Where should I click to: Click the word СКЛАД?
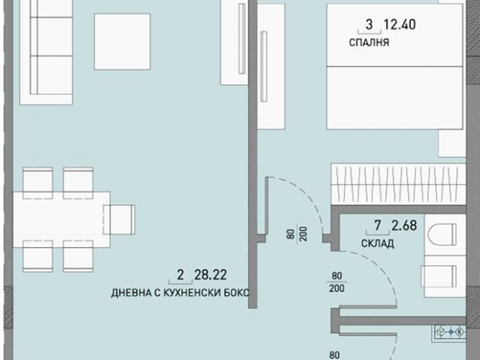[x=379, y=243]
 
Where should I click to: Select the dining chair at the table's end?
[x=122, y=218]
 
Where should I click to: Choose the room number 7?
[x=377, y=225]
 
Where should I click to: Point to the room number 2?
[x=180, y=276]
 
